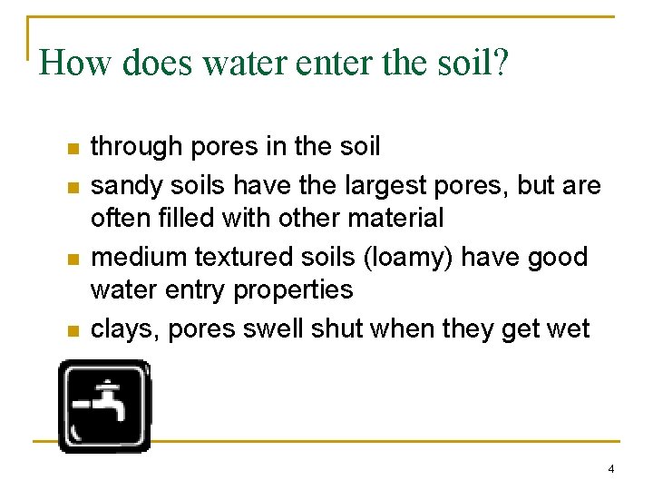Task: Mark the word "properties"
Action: (x=293, y=290)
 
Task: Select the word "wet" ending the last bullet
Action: (x=570, y=328)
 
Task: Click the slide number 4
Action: (x=611, y=469)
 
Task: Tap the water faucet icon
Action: (x=103, y=406)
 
